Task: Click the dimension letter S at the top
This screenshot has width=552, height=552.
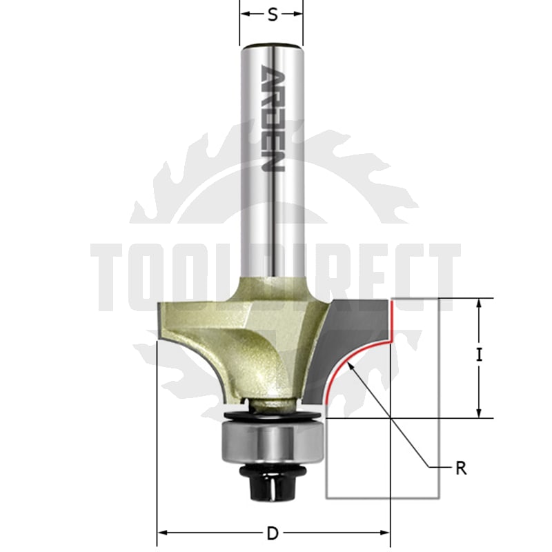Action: pos(272,14)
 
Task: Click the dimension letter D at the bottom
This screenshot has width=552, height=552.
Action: pos(273,533)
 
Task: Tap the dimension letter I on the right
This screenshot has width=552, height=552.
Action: pos(479,355)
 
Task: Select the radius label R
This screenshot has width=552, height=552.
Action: pos(461,469)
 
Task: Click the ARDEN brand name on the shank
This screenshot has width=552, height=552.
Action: pos(273,118)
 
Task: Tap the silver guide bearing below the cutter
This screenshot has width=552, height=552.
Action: pos(272,443)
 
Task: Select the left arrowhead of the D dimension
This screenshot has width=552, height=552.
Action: pos(162,533)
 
